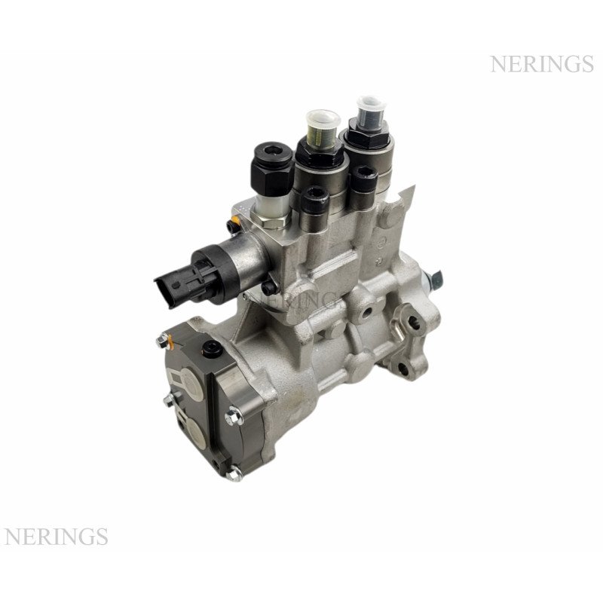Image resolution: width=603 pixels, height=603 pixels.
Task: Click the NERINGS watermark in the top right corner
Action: point(542,64)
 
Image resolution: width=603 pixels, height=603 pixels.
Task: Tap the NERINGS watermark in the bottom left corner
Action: point(56,537)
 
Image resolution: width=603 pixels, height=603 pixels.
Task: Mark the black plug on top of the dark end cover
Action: point(212,349)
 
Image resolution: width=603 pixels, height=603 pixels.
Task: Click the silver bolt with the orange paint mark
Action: point(164,341)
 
